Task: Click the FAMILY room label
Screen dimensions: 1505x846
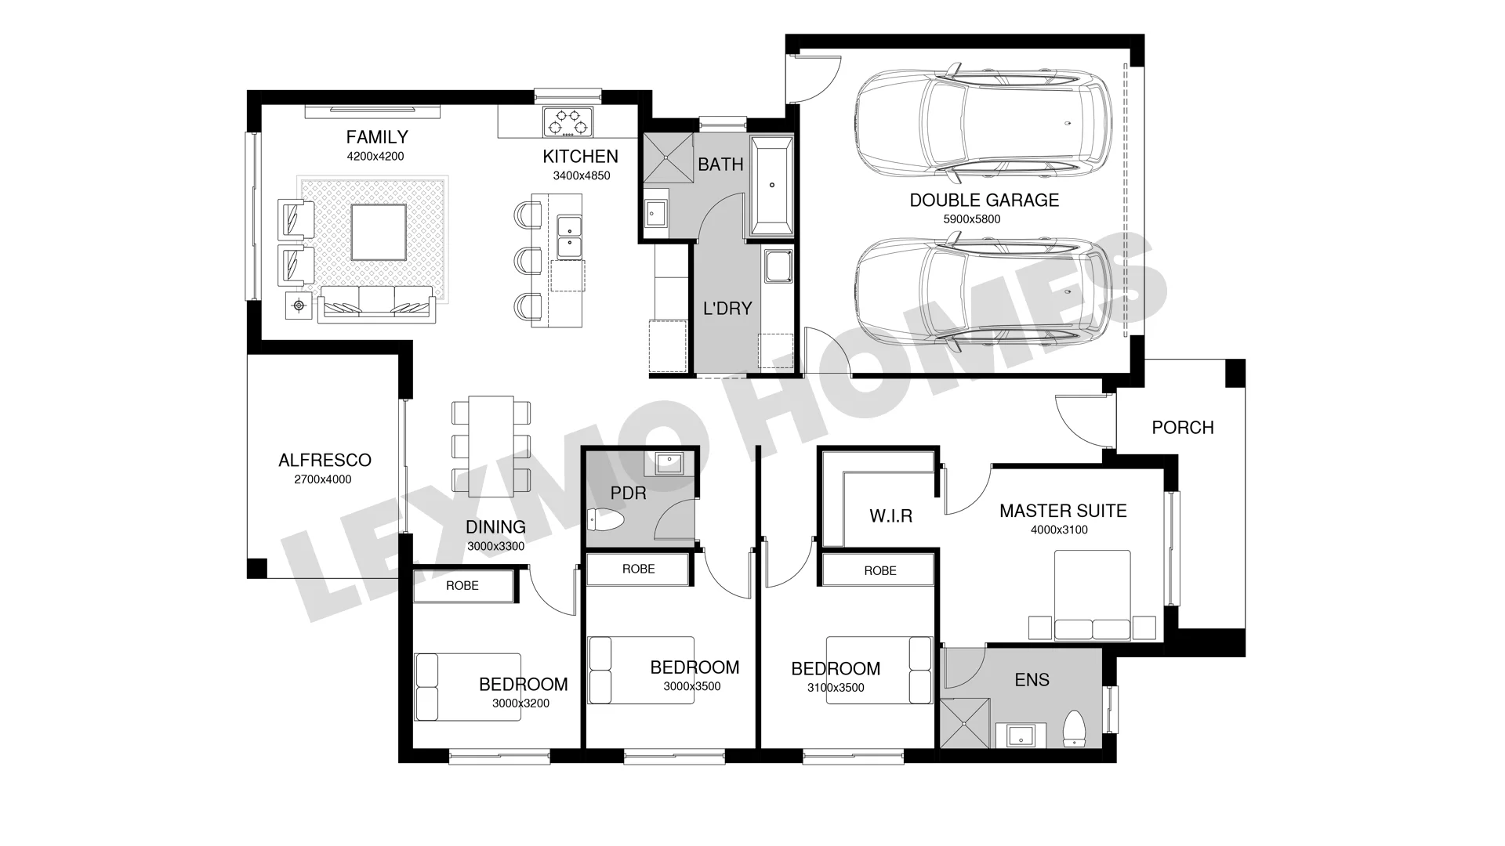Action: [377, 137]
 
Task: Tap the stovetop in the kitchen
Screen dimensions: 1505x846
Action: [568, 121]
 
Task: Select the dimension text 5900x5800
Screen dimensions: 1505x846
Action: [972, 219]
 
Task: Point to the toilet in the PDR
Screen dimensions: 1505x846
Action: [604, 519]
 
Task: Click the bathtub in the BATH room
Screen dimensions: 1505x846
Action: [772, 186]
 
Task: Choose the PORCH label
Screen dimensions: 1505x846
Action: [1183, 428]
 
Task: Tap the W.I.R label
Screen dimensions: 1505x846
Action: [891, 516]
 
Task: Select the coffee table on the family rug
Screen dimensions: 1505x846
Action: [379, 233]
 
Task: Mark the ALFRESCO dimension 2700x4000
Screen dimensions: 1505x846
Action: [323, 479]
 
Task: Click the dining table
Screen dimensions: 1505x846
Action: [491, 446]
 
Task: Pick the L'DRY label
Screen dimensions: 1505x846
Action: [727, 309]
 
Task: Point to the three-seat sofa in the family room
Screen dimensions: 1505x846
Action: [376, 303]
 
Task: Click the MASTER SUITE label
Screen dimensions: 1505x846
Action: [1063, 511]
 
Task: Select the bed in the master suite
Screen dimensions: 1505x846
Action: [1092, 595]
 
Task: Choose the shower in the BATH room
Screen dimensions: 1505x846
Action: [669, 158]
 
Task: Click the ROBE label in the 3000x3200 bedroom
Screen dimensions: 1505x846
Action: [462, 585]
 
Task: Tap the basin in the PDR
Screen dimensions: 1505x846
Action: [669, 463]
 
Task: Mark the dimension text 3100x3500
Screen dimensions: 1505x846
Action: [836, 688]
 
